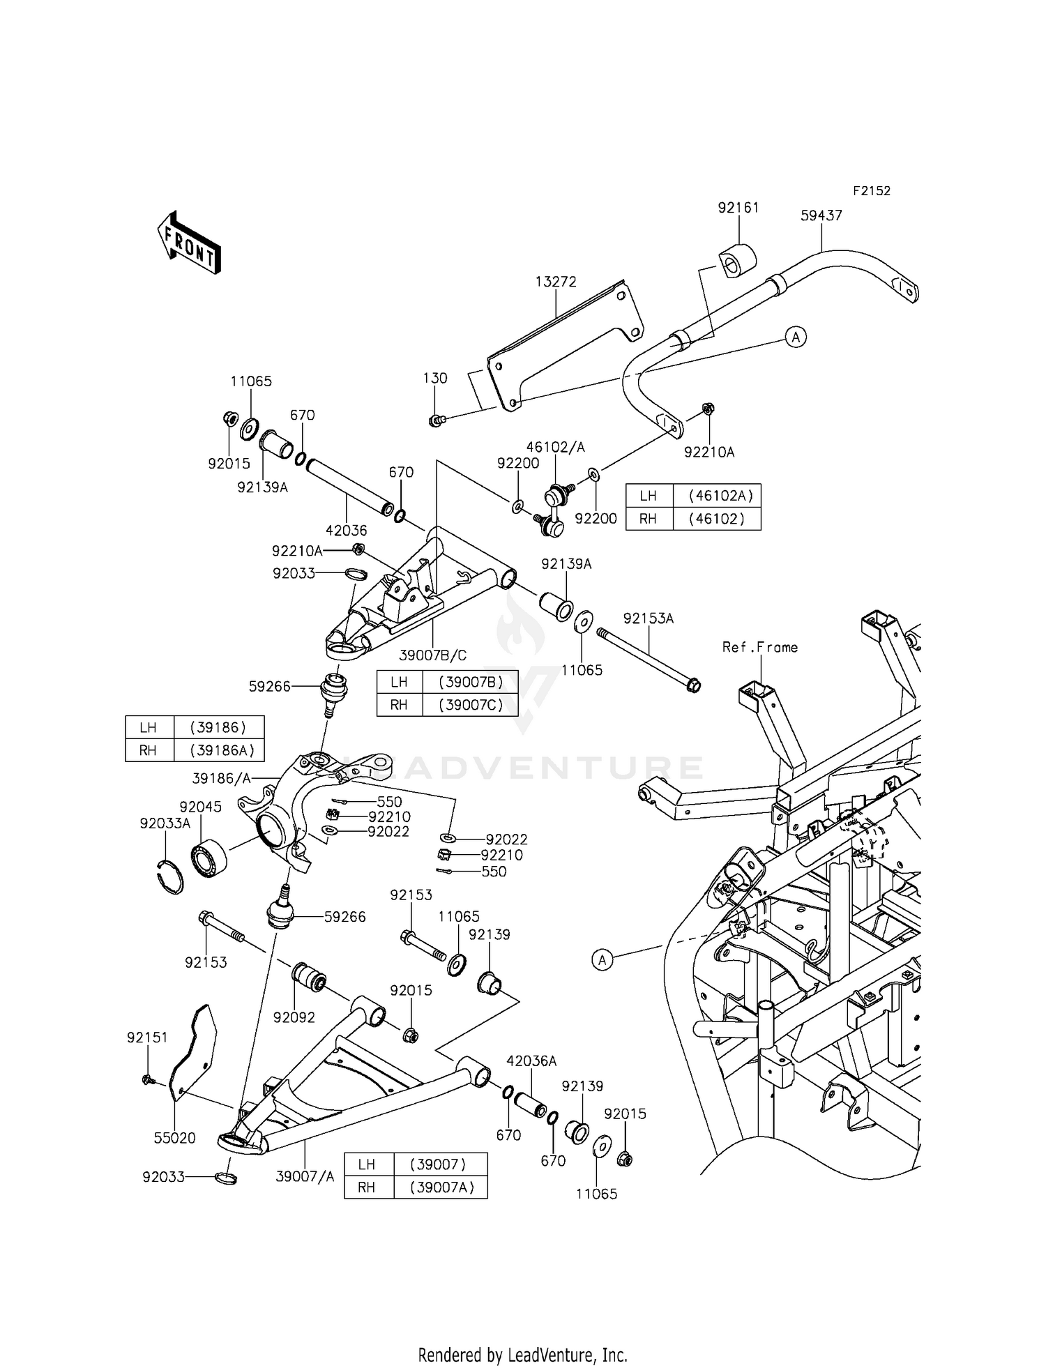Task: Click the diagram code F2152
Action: (x=871, y=191)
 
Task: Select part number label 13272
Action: (x=556, y=282)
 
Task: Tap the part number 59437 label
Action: (x=821, y=216)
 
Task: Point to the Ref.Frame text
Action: (x=759, y=648)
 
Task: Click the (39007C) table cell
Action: (x=470, y=705)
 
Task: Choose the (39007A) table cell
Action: (x=442, y=1187)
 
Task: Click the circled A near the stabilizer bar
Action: (x=796, y=337)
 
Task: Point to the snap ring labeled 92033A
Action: (x=169, y=876)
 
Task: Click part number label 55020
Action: (x=174, y=1138)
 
